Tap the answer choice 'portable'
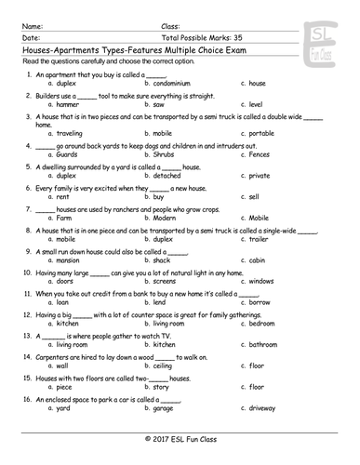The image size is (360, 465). pyautogui.click(x=263, y=134)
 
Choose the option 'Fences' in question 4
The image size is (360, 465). pyautogui.click(x=260, y=155)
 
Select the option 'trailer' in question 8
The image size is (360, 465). pyautogui.click(x=260, y=240)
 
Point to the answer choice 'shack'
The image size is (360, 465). pyautogui.click(x=163, y=261)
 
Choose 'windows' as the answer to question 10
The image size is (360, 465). pyautogui.click(x=262, y=282)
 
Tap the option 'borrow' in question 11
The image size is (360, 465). pyautogui.click(x=260, y=303)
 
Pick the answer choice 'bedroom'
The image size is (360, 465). pyautogui.click(x=262, y=324)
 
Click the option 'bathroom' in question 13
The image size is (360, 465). pyautogui.click(x=264, y=345)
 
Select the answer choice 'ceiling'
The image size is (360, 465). pyautogui.click(x=165, y=365)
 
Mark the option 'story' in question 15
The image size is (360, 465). pyautogui.click(x=162, y=387)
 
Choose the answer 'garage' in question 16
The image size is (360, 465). pyautogui.click(x=164, y=407)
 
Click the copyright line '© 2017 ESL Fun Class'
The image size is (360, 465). pyautogui.click(x=180, y=438)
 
